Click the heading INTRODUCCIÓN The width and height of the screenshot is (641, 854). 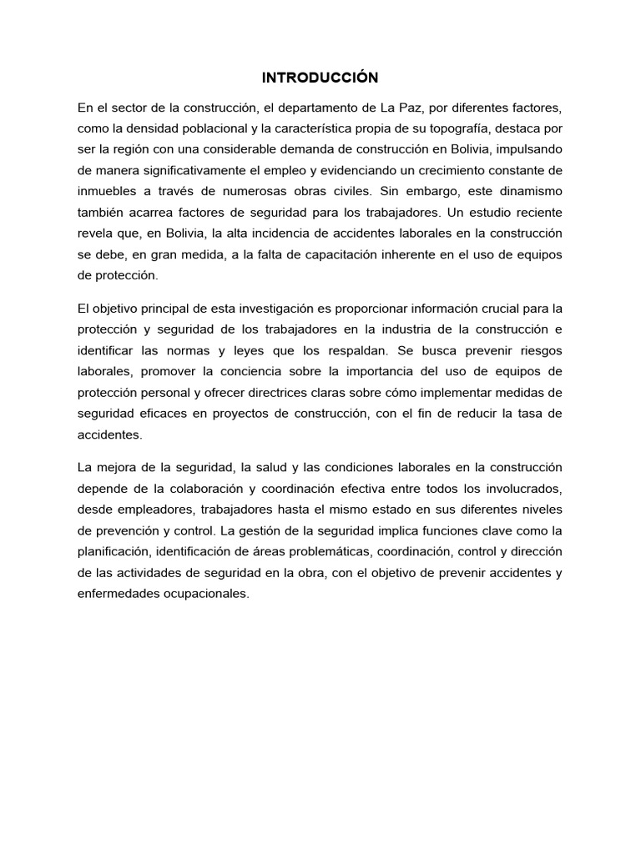point(320,78)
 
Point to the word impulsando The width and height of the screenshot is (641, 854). point(531,149)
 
